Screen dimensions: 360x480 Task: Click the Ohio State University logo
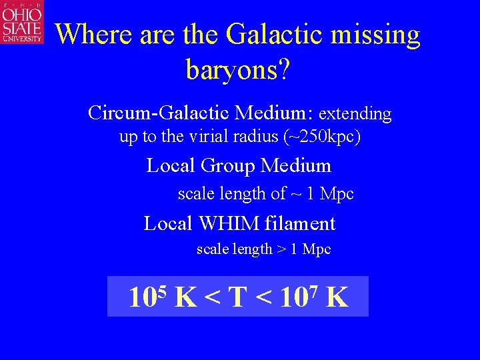coord(22,23)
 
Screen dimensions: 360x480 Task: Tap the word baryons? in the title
coord(238,69)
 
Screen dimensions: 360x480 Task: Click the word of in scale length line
coord(278,194)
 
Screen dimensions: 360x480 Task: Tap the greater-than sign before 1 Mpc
coord(283,250)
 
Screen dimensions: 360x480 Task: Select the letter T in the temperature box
coord(237,297)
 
